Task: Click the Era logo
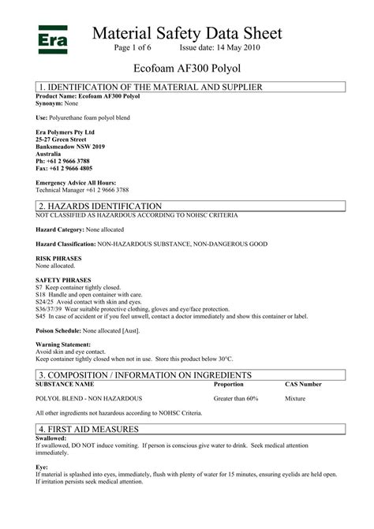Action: pos(51,37)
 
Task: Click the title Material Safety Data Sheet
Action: pos(186,32)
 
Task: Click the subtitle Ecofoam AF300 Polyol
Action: pos(186,69)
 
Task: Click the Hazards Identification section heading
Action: pos(99,205)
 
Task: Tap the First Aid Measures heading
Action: pos(88,428)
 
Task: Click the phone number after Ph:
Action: pos(69,160)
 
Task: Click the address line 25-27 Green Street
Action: pos(62,139)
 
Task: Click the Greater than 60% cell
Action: pos(236,399)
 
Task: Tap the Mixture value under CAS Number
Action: pos(297,399)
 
